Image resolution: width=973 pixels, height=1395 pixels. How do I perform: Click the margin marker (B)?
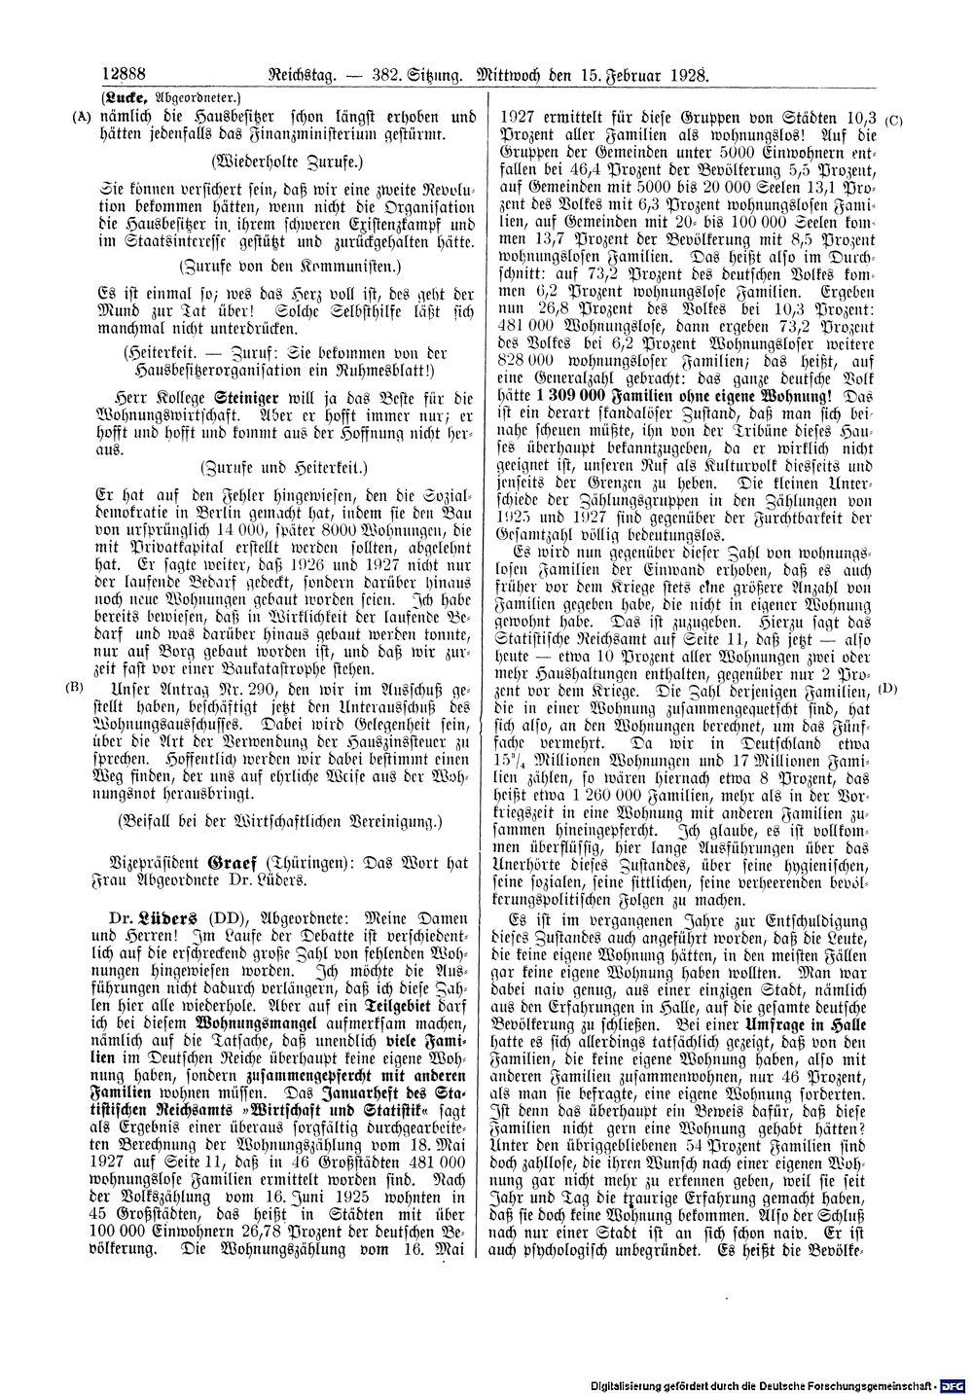(x=73, y=687)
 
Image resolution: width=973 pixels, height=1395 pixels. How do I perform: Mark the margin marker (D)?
(x=887, y=690)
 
